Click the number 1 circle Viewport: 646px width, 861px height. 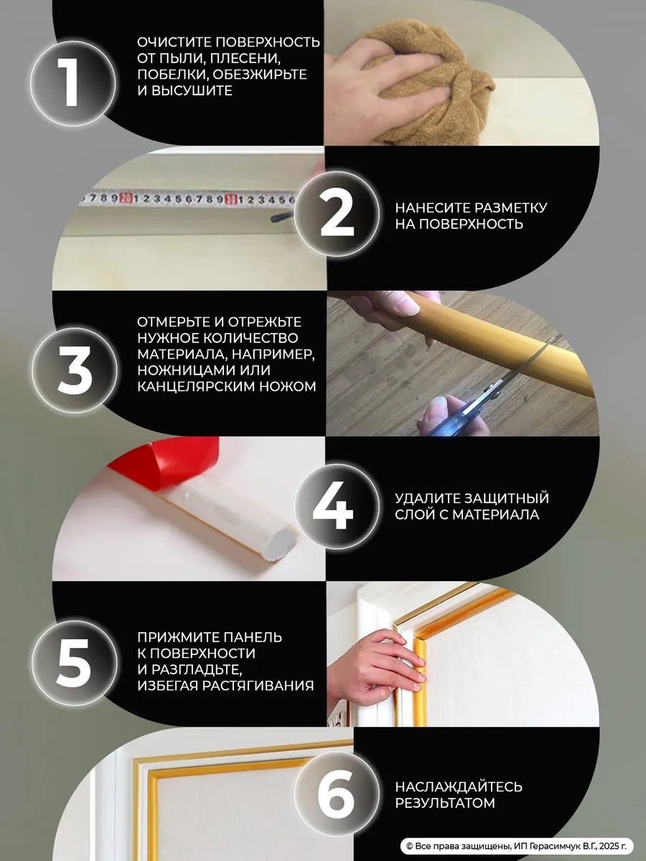pyautogui.click(x=73, y=83)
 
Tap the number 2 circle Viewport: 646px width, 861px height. pyautogui.click(x=337, y=214)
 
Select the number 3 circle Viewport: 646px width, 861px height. pyautogui.click(x=75, y=370)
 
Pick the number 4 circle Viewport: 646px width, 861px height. pyautogui.click(x=337, y=506)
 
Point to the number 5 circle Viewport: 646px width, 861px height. pyautogui.click(x=75, y=663)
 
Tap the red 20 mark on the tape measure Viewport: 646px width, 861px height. pyautogui.click(x=125, y=197)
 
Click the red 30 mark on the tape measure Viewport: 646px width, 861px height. pyautogui.click(x=231, y=199)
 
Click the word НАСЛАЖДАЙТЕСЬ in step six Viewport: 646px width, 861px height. pyautogui.click(x=459, y=786)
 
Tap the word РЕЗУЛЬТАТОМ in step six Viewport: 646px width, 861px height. pyautogui.click(x=445, y=803)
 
